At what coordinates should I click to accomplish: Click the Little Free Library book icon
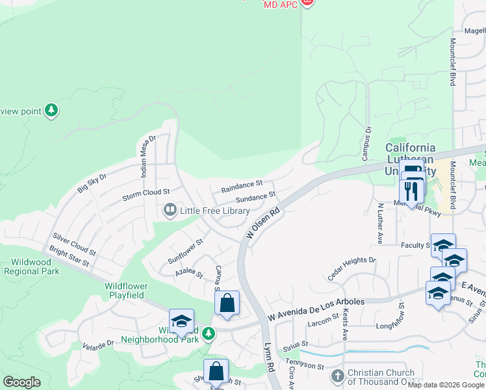(170, 211)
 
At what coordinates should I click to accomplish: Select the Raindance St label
(241, 187)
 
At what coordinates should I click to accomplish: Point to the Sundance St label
(256, 197)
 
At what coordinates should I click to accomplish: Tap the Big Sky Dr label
(92, 181)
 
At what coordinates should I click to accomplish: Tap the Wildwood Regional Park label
(31, 266)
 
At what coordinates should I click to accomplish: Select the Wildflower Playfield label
(126, 291)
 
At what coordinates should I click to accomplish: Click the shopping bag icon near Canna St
(227, 303)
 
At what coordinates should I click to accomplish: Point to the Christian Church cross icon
(337, 376)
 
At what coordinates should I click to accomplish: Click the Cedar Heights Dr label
(352, 268)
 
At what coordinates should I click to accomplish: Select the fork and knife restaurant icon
(411, 190)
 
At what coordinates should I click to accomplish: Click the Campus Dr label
(366, 144)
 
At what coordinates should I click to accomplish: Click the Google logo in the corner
(21, 382)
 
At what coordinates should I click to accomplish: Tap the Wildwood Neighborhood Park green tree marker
(208, 333)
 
